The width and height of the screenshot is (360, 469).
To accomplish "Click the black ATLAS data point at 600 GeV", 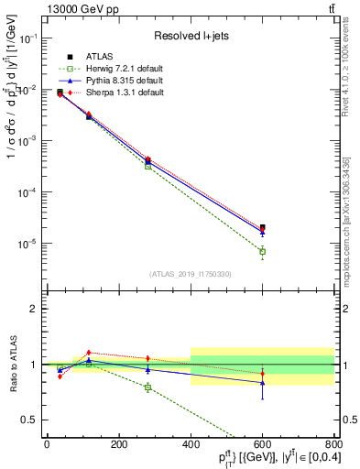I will point(262,227).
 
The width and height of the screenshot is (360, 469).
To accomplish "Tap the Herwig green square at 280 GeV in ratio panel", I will point(147,387).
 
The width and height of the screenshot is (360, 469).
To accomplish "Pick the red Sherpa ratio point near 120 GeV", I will point(89,353).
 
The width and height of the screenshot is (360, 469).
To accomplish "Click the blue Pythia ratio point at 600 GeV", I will point(262,382).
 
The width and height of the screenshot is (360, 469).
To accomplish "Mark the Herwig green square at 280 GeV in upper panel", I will point(147,166).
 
